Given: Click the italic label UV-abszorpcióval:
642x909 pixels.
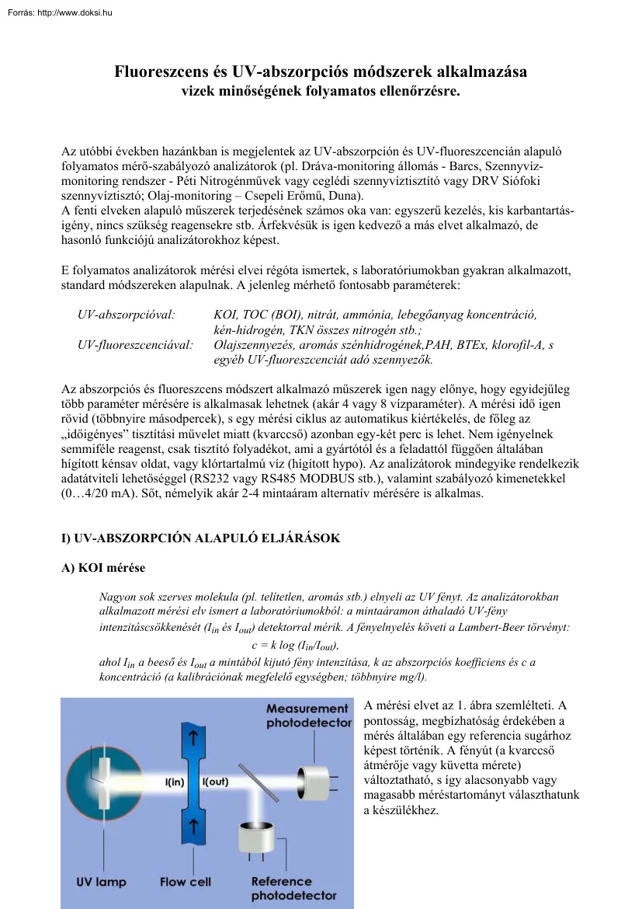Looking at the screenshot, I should pyautogui.click(x=127, y=315).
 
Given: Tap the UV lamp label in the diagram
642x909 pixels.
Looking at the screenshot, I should pyautogui.click(x=101, y=882).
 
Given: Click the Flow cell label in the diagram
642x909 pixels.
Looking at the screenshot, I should pyautogui.click(x=185, y=882).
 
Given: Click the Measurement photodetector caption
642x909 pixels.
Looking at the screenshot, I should pyautogui.click(x=307, y=716).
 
